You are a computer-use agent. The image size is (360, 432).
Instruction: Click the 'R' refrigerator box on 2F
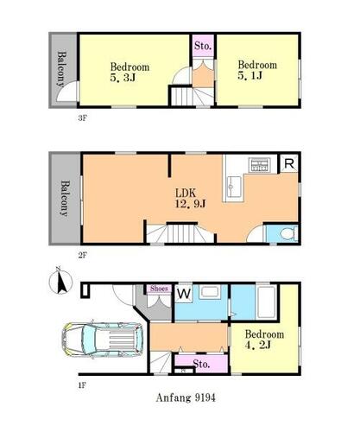click(x=289, y=164)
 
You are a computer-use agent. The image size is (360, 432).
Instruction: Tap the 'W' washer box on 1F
click(x=184, y=294)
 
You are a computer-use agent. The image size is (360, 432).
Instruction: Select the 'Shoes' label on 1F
click(x=159, y=289)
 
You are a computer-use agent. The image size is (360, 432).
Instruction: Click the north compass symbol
click(x=60, y=282)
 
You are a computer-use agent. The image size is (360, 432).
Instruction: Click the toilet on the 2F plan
click(x=289, y=234)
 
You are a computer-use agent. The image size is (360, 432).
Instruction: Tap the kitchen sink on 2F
click(x=234, y=187)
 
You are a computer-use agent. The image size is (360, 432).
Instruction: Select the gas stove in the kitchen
click(x=261, y=165)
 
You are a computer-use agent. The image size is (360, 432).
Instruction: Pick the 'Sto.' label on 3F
click(x=203, y=46)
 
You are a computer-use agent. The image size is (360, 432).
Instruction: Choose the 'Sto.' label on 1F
click(x=201, y=364)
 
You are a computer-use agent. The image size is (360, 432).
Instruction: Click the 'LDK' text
click(x=186, y=193)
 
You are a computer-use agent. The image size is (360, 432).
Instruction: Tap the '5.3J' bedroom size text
click(x=123, y=78)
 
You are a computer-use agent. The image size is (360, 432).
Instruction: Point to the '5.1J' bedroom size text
click(x=250, y=75)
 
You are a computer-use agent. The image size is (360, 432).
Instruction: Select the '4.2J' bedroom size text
click(x=258, y=345)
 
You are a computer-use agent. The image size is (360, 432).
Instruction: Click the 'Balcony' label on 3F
click(x=61, y=69)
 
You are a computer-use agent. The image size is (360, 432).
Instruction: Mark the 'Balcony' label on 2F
click(x=66, y=199)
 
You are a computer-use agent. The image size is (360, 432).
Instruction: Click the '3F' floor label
click(x=82, y=118)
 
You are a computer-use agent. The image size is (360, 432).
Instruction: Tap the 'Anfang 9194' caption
click(x=186, y=397)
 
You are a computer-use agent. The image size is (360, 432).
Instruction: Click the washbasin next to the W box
click(x=210, y=292)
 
